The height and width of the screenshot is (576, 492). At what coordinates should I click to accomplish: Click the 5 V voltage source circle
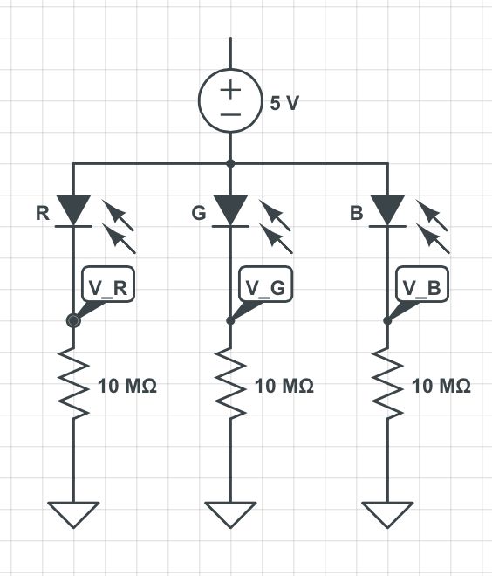[x=230, y=101]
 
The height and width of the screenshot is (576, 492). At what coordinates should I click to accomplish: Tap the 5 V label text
[x=284, y=103]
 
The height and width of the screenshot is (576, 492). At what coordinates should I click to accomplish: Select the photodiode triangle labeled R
[x=73, y=209]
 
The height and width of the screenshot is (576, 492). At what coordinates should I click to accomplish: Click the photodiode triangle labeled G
[x=230, y=209]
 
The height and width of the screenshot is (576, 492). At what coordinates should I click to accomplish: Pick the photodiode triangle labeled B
[x=387, y=209]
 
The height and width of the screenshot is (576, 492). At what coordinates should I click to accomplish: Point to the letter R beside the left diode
[x=43, y=213]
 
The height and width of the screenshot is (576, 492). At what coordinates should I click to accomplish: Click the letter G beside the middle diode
[x=199, y=213]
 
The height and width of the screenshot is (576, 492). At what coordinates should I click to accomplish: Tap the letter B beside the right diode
[x=357, y=213]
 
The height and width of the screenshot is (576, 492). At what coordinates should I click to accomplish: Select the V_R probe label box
[x=109, y=286]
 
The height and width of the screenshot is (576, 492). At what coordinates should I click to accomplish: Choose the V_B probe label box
[x=423, y=286]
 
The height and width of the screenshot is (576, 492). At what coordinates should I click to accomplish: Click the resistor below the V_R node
[x=73, y=385]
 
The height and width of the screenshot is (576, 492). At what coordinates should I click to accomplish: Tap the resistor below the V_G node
[x=230, y=385]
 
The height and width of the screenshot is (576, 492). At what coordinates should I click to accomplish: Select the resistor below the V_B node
[x=387, y=385]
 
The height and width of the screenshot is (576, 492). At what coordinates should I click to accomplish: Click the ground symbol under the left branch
[x=73, y=514]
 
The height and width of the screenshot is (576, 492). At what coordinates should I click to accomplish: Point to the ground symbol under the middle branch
[x=230, y=514]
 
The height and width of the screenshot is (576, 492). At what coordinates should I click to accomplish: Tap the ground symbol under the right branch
[x=387, y=514]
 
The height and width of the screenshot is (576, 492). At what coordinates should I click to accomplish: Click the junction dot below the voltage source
[x=230, y=163]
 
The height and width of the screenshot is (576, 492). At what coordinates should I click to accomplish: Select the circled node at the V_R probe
[x=73, y=321]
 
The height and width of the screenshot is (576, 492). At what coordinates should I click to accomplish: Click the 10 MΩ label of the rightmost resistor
[x=441, y=386]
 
